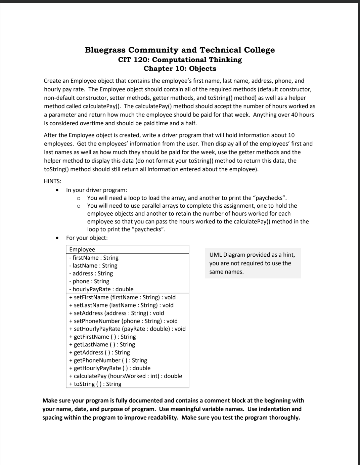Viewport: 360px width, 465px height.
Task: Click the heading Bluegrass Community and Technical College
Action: pyautogui.click(x=180, y=50)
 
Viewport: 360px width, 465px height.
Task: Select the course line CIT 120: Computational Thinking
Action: pyautogui.click(x=180, y=60)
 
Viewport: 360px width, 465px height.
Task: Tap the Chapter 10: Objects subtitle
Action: pyautogui.click(x=180, y=69)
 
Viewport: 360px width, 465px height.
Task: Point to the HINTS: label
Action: pyautogui.click(x=52, y=181)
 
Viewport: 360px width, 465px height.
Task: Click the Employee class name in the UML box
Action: pyautogui.click(x=82, y=249)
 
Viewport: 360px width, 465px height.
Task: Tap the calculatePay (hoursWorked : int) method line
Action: pyautogui.click(x=126, y=376)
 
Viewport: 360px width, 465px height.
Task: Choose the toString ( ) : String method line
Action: pyautogui.click(x=95, y=384)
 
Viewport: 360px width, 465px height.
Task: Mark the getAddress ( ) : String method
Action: pyautogui.click(x=99, y=352)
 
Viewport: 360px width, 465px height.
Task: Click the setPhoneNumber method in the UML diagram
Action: pyautogui.click(x=123, y=321)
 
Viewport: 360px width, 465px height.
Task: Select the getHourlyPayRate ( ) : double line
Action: pyautogui.click(x=110, y=368)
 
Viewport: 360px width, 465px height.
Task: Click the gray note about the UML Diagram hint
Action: pyautogui.click(x=253, y=263)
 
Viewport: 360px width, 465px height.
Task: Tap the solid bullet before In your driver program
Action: pyautogui.click(x=58, y=190)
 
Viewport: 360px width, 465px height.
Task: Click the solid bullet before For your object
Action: pyautogui.click(x=58, y=238)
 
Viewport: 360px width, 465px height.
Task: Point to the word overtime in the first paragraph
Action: pyautogui.click(x=87, y=123)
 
